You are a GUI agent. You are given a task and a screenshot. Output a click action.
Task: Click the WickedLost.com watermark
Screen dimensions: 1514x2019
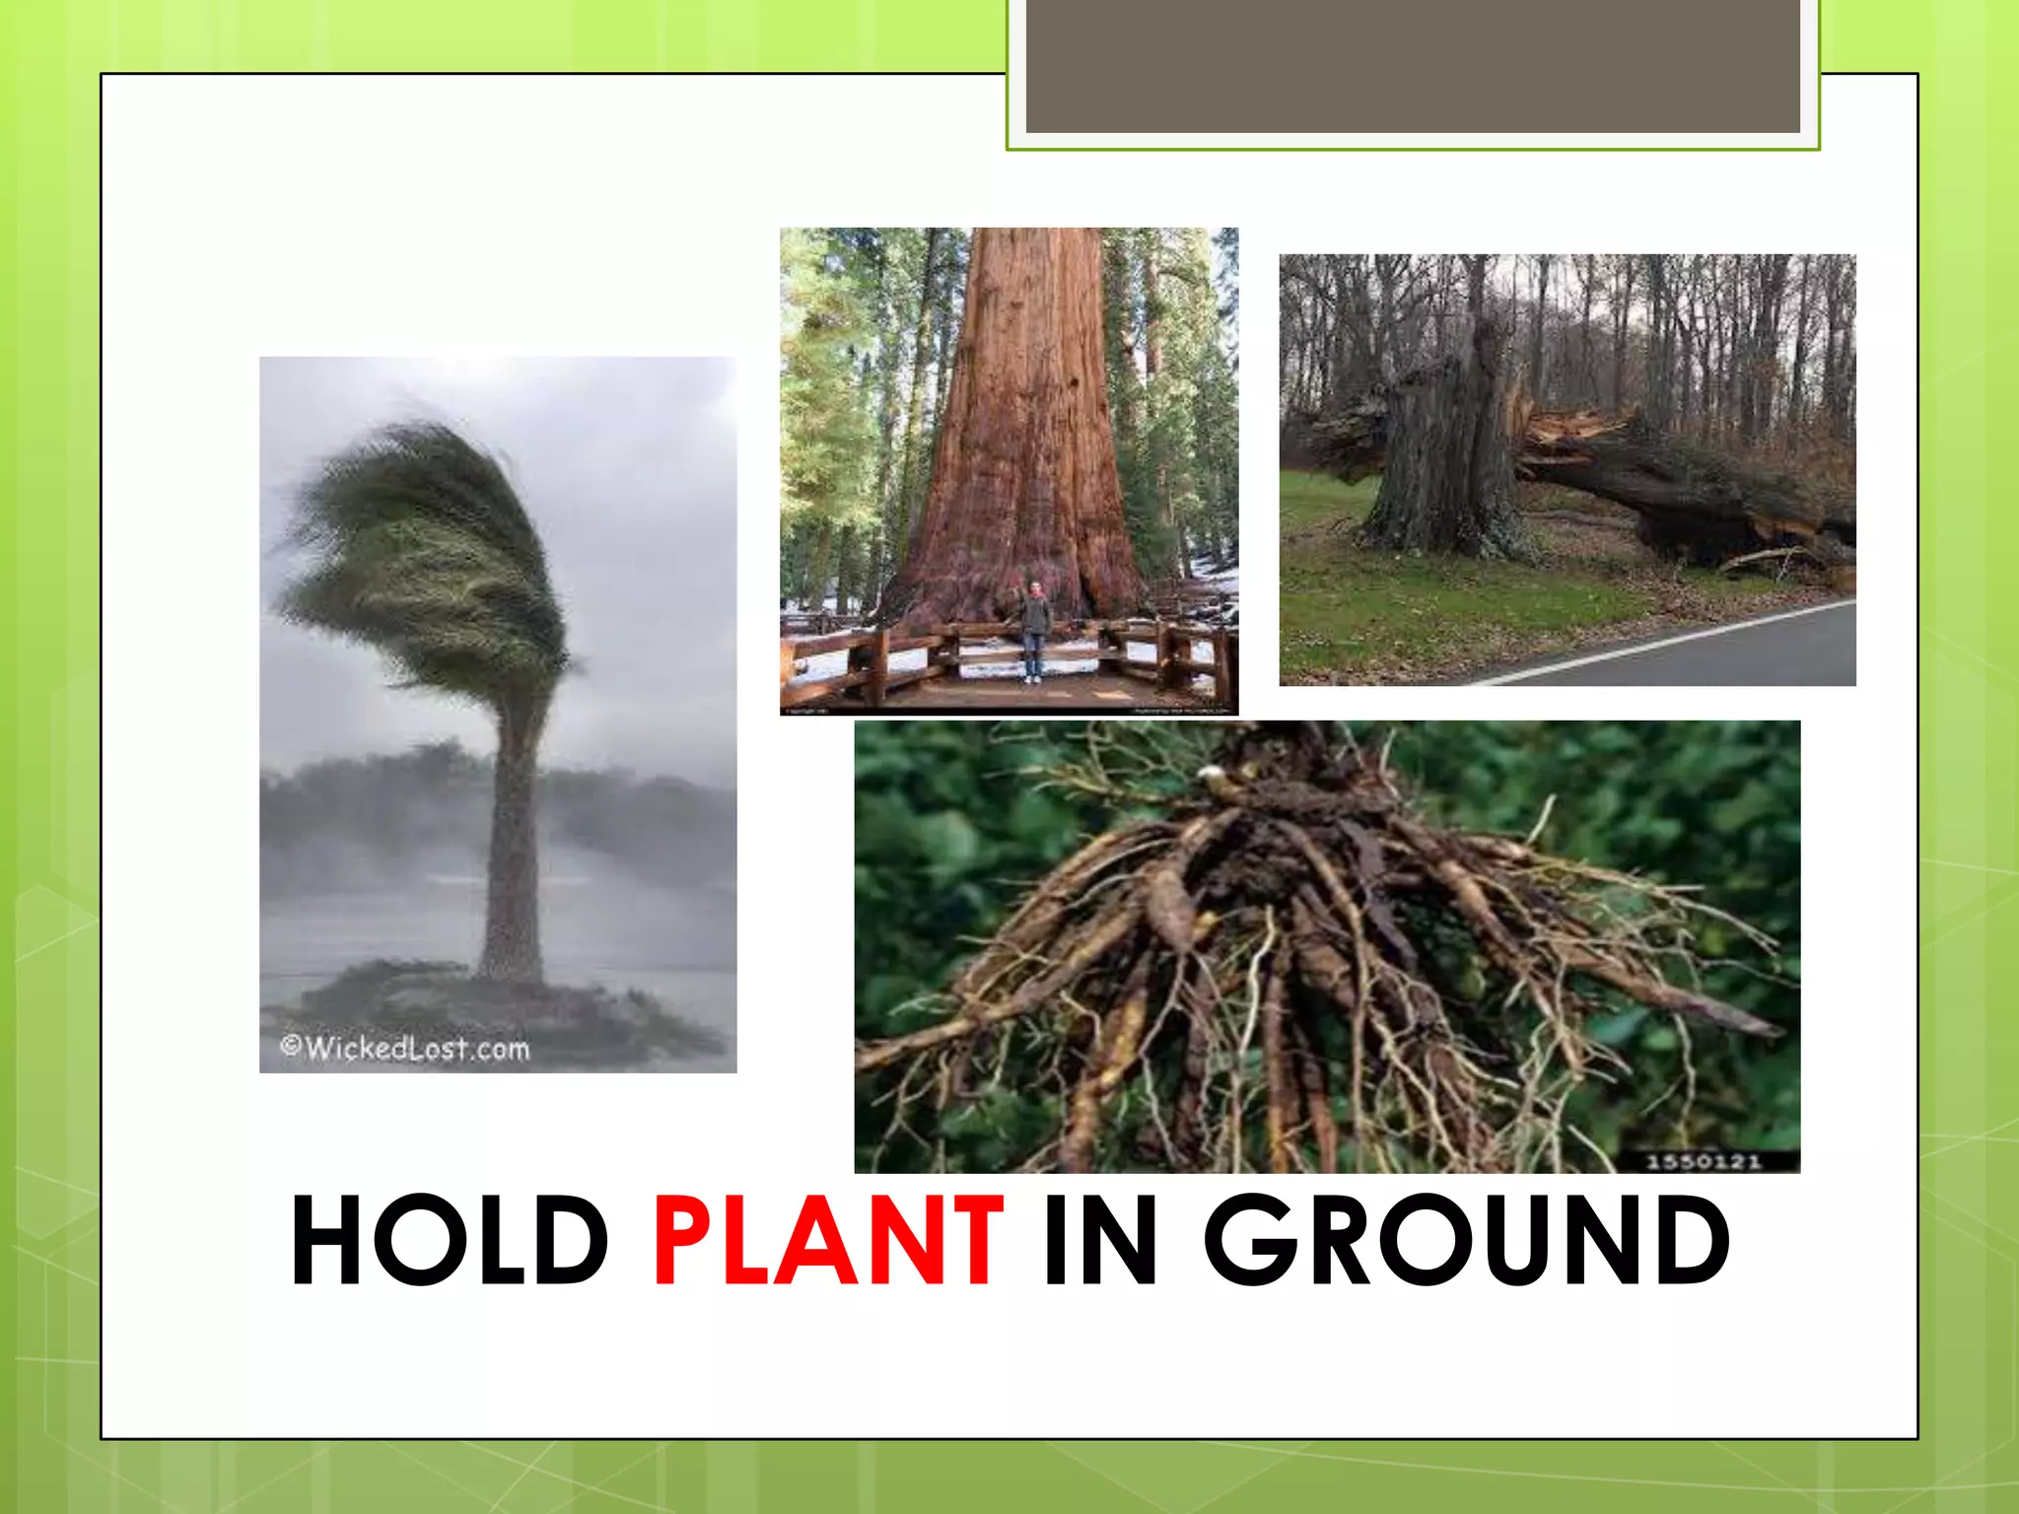click(x=414, y=1047)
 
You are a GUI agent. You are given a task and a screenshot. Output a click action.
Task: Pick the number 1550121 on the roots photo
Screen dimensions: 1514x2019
click(x=1703, y=1161)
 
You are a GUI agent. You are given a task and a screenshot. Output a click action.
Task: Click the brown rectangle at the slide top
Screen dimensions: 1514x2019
click(x=1413, y=65)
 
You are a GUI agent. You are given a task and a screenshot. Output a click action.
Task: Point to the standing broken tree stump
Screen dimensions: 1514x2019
click(x=1439, y=453)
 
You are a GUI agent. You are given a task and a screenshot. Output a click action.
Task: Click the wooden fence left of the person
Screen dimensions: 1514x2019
click(x=887, y=655)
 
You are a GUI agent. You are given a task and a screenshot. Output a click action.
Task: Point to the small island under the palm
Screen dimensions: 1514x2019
click(x=493, y=1005)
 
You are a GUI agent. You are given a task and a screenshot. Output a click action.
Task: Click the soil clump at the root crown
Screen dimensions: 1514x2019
click(x=1282, y=848)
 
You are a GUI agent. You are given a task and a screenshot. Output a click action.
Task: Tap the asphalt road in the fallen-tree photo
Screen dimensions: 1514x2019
click(x=1755, y=655)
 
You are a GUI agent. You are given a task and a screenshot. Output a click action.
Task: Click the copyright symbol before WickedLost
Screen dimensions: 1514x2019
click(x=290, y=1045)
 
